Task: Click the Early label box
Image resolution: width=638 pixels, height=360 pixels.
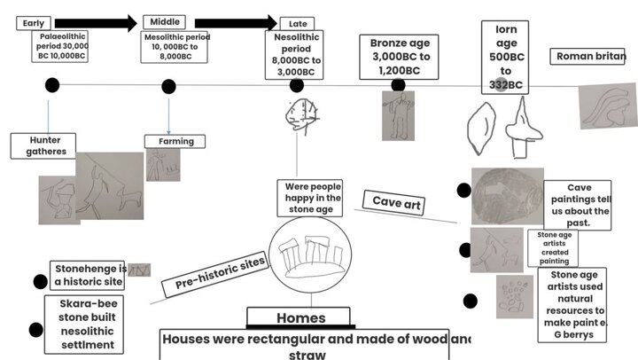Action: click(34, 24)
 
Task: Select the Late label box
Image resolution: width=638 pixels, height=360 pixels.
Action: click(296, 24)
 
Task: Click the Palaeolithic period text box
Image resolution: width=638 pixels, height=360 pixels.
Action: click(61, 45)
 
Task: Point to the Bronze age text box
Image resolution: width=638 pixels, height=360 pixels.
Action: click(399, 57)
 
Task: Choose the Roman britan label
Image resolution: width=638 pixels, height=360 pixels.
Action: click(589, 57)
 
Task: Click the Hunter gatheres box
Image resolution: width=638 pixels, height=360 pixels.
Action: click(47, 145)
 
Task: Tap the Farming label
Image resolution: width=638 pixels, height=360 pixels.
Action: click(175, 141)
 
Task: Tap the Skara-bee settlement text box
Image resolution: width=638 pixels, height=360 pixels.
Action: click(85, 325)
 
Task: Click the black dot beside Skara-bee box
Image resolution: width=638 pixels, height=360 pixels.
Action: click(35, 330)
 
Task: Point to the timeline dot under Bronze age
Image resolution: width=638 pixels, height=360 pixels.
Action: click(398, 85)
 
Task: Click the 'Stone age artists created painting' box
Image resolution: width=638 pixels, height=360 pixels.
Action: click(553, 248)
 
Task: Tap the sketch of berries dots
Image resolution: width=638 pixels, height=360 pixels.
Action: click(513, 296)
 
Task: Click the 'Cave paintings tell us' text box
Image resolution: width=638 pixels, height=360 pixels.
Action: click(578, 206)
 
